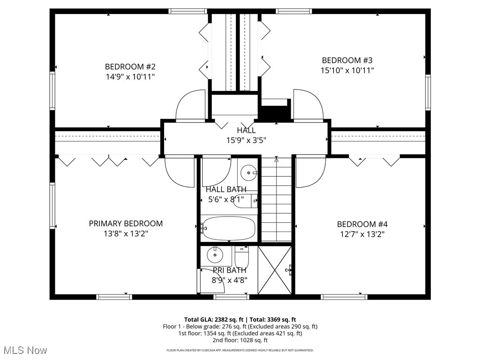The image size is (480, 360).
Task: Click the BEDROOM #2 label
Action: coord(130,66)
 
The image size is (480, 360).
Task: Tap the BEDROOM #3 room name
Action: coord(347,60)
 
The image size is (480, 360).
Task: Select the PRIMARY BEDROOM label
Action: coord(126,224)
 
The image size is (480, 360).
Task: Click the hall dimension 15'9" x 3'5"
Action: coord(247,140)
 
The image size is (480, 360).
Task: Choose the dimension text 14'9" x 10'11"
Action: coord(130,76)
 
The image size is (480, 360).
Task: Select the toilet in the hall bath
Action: coord(244,201)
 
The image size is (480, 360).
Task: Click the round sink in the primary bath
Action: coord(215,255)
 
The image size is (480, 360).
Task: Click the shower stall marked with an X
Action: coord(275,270)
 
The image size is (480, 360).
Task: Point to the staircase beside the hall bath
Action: coord(276,202)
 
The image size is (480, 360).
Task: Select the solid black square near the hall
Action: coord(275,113)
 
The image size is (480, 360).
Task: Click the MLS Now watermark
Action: coord(24,350)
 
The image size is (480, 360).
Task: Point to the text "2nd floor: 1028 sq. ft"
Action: coord(240,340)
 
